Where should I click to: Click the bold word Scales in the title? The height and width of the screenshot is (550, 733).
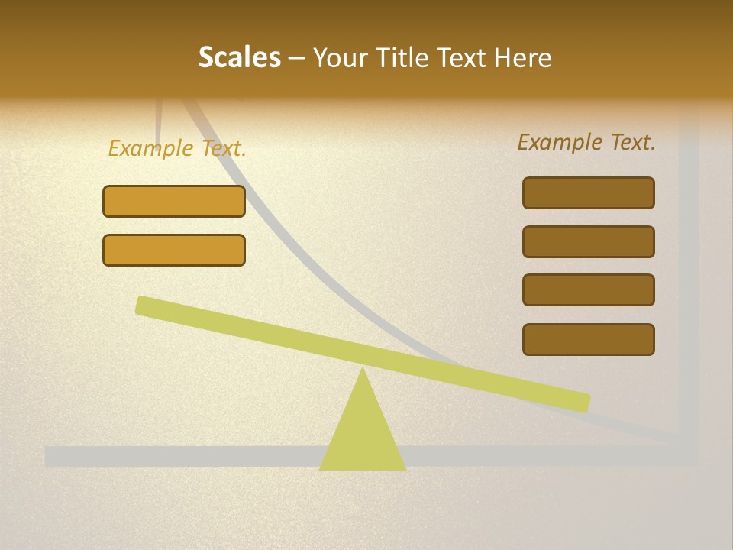pyautogui.click(x=239, y=57)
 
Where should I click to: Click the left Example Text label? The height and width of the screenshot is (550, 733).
pyautogui.click(x=177, y=148)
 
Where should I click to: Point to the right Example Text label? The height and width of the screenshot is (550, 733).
pyautogui.click(x=586, y=142)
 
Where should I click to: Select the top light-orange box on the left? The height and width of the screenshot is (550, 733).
pyautogui.click(x=174, y=202)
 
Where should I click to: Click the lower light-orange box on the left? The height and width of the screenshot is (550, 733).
pyautogui.click(x=174, y=250)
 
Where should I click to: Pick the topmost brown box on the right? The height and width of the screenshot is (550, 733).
pyautogui.click(x=589, y=192)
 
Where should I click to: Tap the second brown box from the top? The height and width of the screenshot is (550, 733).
pyautogui.click(x=589, y=241)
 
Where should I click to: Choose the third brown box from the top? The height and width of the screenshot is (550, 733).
pyautogui.click(x=589, y=290)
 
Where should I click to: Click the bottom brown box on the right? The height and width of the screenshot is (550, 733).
pyautogui.click(x=589, y=339)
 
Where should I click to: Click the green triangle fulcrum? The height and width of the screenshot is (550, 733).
pyautogui.click(x=363, y=435)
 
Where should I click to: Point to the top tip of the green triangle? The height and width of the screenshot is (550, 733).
pyautogui.click(x=363, y=370)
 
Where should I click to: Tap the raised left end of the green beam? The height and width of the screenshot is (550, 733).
pyautogui.click(x=145, y=305)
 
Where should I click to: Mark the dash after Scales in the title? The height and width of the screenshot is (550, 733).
pyautogui.click(x=297, y=58)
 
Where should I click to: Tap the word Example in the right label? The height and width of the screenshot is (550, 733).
pyautogui.click(x=560, y=142)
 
